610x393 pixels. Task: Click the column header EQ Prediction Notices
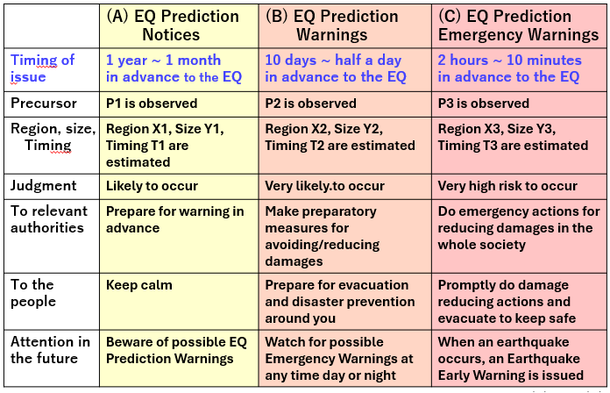tap(173, 25)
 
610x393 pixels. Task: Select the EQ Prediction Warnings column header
tap(332, 25)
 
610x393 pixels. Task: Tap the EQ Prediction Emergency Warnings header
tap(518, 25)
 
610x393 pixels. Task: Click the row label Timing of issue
tap(42, 68)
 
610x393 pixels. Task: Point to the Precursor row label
tap(44, 104)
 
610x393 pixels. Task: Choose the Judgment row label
tap(44, 186)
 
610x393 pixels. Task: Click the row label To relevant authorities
tap(49, 219)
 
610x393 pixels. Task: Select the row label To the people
tap(33, 293)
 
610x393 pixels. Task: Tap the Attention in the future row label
tap(50, 350)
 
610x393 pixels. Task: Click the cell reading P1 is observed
tap(152, 104)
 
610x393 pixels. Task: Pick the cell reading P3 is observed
tap(484, 104)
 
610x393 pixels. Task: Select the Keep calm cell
tap(138, 285)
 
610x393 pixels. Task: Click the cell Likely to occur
tap(152, 186)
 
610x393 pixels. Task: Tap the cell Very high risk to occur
tap(507, 186)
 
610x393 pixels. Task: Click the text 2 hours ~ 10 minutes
tap(509, 60)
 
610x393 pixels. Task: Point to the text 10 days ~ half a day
tap(333, 60)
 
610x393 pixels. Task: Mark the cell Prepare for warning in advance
tap(174, 219)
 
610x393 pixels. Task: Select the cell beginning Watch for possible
tap(339, 358)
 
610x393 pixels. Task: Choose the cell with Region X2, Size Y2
tap(340, 137)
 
